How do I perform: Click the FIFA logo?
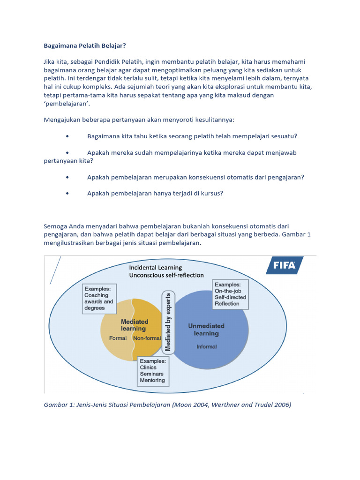click(285, 265)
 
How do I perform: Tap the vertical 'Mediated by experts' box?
click(168, 322)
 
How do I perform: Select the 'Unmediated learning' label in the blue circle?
click(206, 330)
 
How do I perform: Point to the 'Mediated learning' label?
click(135, 325)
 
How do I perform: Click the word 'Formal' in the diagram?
click(118, 338)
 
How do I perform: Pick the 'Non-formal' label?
click(146, 338)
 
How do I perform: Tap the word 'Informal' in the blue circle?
click(206, 346)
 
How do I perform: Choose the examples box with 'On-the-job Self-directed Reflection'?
click(230, 294)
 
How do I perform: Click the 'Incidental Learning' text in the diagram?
click(156, 267)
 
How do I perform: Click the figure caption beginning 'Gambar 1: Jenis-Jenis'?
click(167, 405)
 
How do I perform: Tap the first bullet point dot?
click(68, 136)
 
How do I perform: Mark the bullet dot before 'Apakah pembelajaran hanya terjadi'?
click(68, 193)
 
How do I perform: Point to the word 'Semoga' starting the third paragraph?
click(55, 226)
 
